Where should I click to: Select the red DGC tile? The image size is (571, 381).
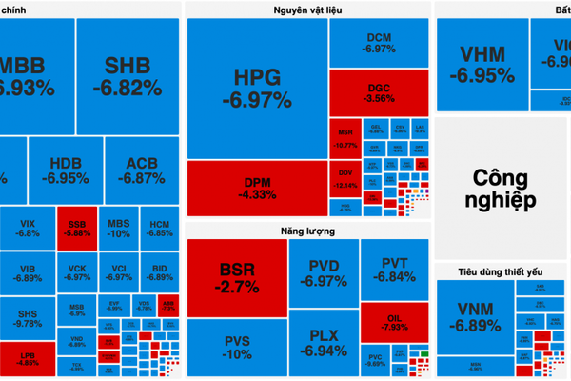tap(380, 92)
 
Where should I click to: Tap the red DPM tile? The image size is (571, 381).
tap(257, 187)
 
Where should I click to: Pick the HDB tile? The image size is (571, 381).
tap(65, 170)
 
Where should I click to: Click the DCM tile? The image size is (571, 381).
tap(380, 43)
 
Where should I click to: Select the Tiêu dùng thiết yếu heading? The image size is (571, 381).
tap(502, 272)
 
